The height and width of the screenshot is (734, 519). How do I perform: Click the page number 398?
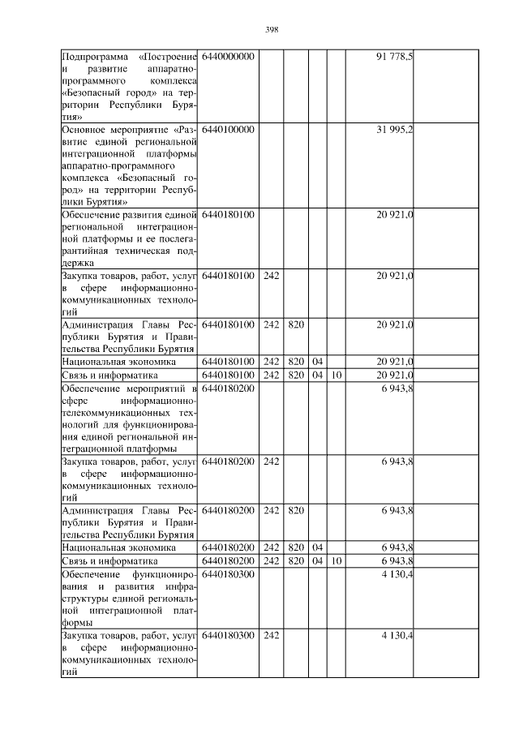click(272, 29)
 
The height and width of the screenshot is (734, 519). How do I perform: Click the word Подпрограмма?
click(96, 56)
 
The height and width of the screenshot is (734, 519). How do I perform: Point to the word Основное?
click(84, 130)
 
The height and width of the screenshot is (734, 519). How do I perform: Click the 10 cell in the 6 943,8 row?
click(337, 560)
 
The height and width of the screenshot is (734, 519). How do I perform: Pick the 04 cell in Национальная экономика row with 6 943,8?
click(317, 547)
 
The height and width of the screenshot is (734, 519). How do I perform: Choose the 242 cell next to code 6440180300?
click(272, 636)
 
